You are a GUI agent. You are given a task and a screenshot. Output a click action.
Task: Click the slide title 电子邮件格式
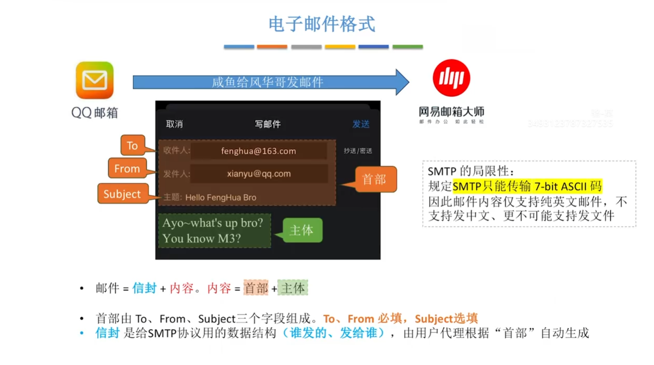(322, 24)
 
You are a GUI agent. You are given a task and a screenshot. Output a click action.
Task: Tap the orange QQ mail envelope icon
(94, 80)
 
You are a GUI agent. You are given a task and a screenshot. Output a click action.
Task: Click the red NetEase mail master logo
(451, 78)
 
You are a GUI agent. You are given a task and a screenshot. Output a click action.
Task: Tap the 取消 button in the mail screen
(174, 124)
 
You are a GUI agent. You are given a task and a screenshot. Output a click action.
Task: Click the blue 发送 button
(361, 124)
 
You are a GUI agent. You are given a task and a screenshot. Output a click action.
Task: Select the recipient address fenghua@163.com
(258, 151)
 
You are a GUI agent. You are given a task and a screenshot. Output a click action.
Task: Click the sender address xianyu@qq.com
(258, 174)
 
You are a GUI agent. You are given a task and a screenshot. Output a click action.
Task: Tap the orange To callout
(132, 146)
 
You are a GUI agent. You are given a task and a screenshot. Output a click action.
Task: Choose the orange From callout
(127, 169)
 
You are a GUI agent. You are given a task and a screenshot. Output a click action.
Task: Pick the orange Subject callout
(122, 194)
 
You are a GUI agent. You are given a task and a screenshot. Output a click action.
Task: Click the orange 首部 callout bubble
(374, 179)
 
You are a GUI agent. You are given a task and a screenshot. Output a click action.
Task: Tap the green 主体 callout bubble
(302, 230)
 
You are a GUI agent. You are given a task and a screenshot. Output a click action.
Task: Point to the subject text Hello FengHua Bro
(220, 198)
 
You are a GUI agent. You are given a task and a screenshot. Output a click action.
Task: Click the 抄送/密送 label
(358, 151)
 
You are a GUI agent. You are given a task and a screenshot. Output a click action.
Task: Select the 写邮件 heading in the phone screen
(267, 124)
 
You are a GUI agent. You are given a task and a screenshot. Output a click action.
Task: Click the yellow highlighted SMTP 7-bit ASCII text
(527, 186)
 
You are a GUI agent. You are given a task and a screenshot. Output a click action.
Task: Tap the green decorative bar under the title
(407, 47)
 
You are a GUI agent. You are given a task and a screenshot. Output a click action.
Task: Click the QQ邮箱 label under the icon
(94, 113)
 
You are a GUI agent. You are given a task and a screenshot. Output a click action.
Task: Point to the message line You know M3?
(202, 239)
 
